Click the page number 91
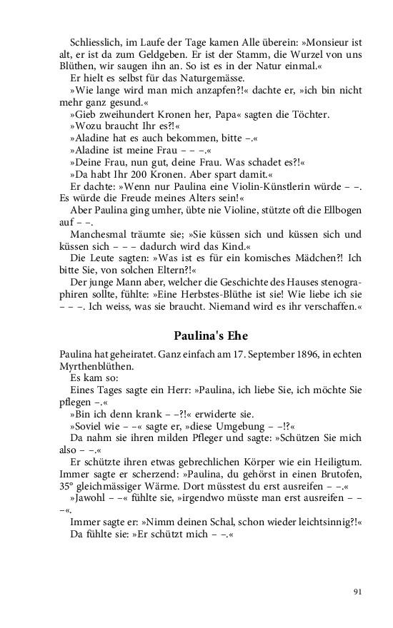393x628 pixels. [358, 591]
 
